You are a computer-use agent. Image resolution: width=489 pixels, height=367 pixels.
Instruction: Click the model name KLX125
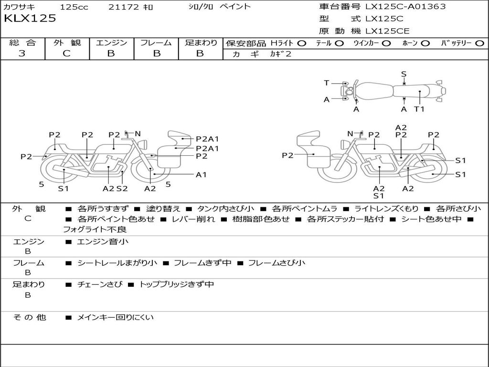coord(30,19)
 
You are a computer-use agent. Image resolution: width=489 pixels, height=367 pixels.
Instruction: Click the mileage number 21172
coord(124,7)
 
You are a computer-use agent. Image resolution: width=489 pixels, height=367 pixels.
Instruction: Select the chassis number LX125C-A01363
coord(405,7)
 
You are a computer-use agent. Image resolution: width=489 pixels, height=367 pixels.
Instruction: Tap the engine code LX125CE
coord(387,32)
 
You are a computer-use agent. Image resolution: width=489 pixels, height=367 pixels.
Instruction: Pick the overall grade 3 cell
coord(22,54)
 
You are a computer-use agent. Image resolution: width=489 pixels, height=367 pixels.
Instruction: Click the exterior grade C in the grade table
coord(67,54)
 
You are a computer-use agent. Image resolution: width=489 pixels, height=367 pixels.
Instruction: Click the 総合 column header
coord(22,43)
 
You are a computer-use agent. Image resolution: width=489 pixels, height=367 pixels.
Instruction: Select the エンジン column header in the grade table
coord(111,43)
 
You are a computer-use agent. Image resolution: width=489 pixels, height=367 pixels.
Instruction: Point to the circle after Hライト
coord(301,43)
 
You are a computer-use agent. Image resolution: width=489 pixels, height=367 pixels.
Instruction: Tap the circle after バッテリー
coord(480,43)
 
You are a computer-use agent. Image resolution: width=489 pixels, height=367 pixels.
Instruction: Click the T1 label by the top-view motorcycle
coord(419,109)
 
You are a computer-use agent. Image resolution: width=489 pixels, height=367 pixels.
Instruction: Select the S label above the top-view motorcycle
coord(404,74)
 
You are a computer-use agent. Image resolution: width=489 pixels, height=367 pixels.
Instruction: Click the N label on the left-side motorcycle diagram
coord(138,134)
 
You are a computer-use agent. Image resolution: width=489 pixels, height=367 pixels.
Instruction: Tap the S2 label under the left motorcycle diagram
coord(122,188)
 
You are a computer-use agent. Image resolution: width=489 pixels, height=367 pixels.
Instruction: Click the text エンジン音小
coord(102,242)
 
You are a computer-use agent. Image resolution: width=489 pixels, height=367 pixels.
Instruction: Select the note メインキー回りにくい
coord(115,317)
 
